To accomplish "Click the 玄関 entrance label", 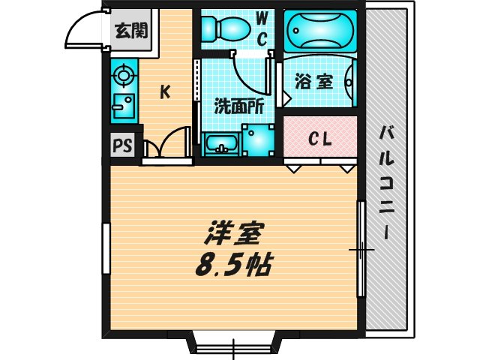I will [130, 31].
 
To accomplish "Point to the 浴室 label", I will [313, 81].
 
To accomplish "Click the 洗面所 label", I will [239, 106].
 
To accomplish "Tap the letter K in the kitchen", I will [165, 92].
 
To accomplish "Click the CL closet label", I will [321, 139].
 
